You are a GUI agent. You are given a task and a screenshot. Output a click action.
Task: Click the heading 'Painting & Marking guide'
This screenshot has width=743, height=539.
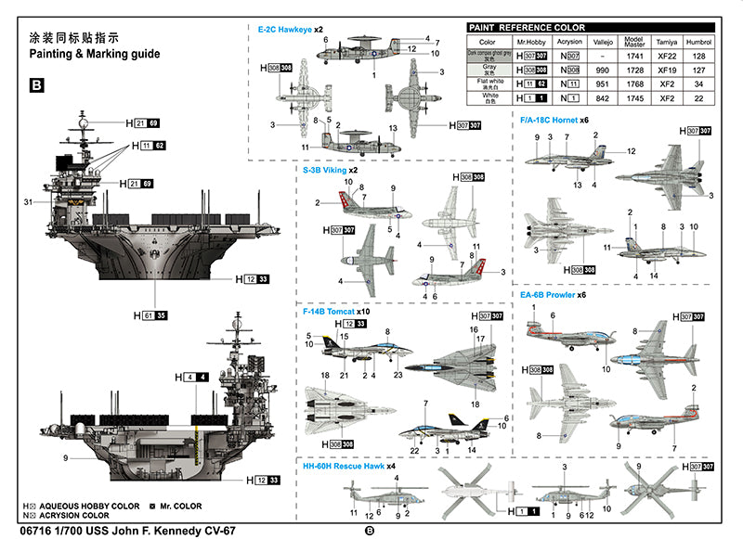(x=95, y=54)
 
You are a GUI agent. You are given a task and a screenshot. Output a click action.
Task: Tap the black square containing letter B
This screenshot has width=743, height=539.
(x=37, y=85)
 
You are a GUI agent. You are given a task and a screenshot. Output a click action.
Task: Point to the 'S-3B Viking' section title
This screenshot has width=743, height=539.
(x=331, y=170)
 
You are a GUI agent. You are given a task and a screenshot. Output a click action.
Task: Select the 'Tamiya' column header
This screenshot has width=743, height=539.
(x=660, y=43)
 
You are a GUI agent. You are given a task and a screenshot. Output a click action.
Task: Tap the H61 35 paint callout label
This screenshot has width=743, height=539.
(x=150, y=316)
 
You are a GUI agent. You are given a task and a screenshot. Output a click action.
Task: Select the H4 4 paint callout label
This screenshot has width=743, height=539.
(x=191, y=377)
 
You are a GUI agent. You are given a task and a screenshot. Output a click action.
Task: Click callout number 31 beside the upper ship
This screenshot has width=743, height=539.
(x=28, y=202)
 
